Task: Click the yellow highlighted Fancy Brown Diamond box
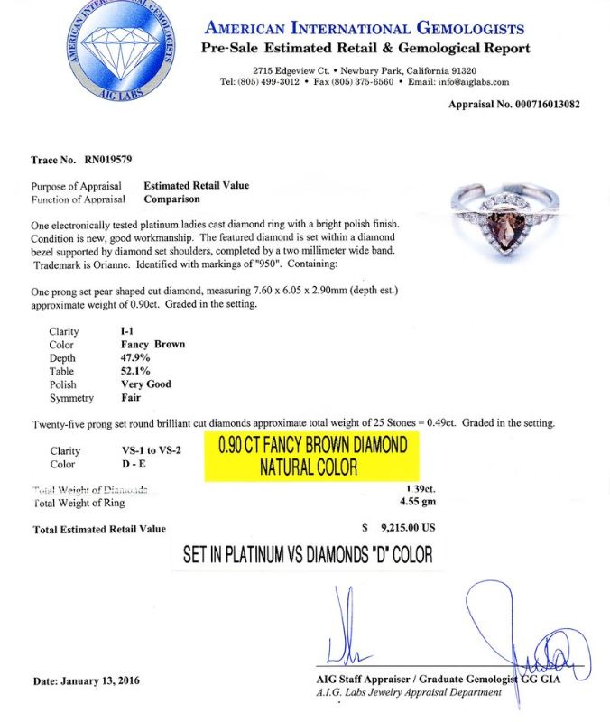309,457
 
